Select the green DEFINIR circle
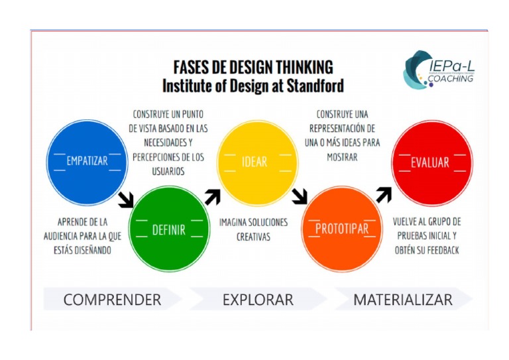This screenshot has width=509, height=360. tap(168, 229)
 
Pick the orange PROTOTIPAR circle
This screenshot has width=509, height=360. tap(341, 229)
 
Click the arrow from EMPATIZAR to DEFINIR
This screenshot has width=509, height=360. tap(125, 199)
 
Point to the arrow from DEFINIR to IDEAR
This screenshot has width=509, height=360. tap(212, 196)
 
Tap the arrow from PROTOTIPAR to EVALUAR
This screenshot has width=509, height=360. tap(384, 194)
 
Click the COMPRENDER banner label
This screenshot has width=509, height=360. tap(112, 300)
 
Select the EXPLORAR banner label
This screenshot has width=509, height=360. tap(258, 300)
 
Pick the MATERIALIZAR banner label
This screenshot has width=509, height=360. tap(403, 300)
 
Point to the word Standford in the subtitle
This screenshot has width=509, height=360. tap(313, 86)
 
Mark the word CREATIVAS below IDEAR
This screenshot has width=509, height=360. tap(253, 237)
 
